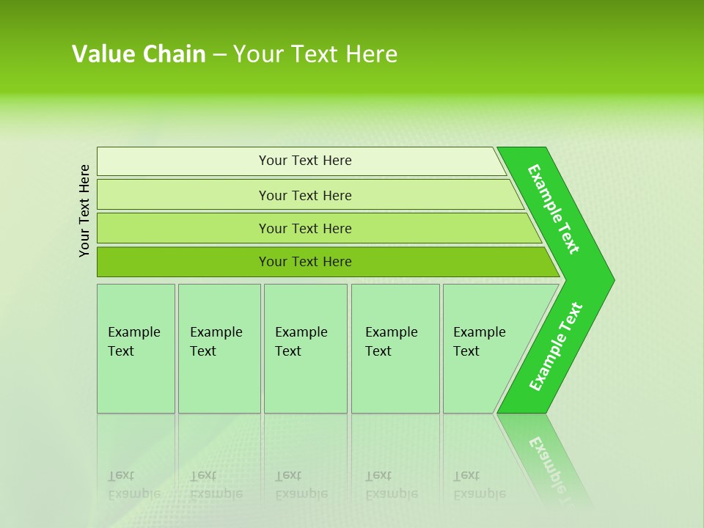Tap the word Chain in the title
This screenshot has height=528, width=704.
[174, 54]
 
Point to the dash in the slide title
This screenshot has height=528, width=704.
[219, 55]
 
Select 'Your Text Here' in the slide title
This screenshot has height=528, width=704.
[315, 54]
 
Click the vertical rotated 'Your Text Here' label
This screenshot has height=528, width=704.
[84, 210]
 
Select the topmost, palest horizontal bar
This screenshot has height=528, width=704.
[304, 161]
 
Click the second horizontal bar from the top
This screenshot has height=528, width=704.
[304, 195]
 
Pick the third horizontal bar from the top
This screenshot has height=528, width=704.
[304, 228]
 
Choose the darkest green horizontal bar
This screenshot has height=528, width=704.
[304, 262]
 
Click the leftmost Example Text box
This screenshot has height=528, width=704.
[136, 348]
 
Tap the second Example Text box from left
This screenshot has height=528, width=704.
[219, 348]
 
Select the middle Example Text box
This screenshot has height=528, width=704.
[305, 348]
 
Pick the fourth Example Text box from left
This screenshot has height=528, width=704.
[395, 348]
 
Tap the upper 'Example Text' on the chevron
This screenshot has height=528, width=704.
[554, 209]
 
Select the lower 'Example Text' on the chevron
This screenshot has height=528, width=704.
[556, 346]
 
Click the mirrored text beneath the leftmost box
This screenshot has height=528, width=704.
[133, 485]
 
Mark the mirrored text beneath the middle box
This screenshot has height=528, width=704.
[301, 485]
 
